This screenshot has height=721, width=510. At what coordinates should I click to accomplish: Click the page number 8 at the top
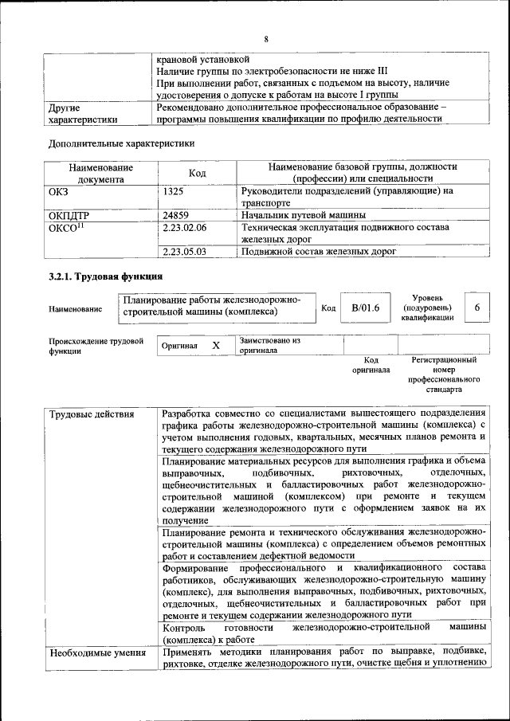point(265,39)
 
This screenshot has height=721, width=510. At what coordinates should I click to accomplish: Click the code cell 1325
point(174,191)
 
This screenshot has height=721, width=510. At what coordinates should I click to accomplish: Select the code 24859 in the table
point(177,215)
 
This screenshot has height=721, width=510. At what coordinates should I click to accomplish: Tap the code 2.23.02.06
point(184,227)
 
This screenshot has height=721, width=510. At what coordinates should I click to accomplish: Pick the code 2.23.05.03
point(184,251)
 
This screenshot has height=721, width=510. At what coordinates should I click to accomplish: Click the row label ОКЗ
point(61,191)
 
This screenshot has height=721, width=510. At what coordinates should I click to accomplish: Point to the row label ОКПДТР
point(70,215)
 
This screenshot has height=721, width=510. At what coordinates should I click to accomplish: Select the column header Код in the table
point(198,173)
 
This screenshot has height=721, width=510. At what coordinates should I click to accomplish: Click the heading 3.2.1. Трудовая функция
point(105,276)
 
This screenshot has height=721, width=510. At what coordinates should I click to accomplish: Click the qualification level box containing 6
point(477,308)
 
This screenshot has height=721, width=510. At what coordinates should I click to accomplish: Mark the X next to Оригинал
point(215,346)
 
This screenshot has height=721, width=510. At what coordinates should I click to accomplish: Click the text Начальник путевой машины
point(303,215)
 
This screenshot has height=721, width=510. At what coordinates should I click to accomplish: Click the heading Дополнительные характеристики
point(121,143)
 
